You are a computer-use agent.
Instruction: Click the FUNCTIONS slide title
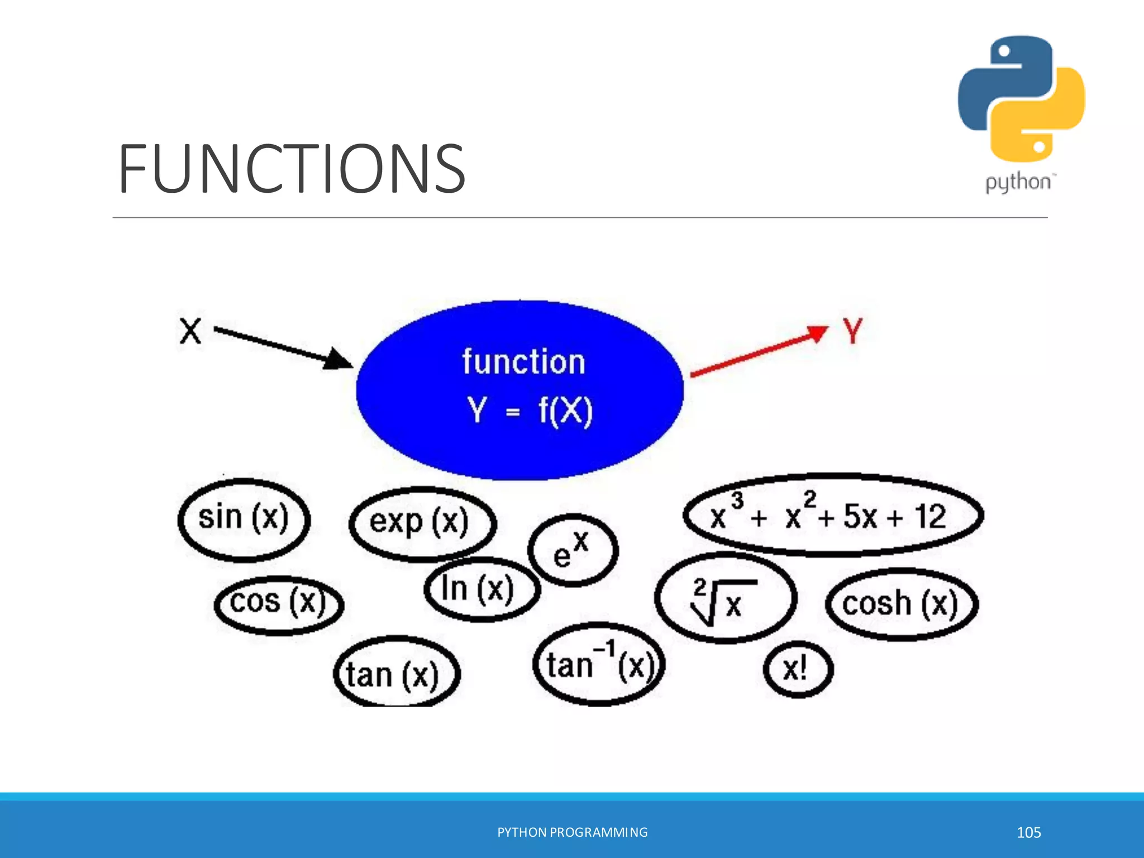[292, 168]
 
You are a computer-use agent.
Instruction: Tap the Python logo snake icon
[1021, 99]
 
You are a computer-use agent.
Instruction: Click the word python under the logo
[1018, 183]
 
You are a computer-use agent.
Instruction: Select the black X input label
[190, 331]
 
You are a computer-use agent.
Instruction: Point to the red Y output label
[852, 331]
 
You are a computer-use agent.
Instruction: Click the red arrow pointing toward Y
[760, 351]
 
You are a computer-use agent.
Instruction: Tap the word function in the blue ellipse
[523, 362]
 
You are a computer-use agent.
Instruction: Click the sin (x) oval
[244, 519]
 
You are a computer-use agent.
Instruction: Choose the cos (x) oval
[278, 604]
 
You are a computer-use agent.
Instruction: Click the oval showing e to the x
[573, 550]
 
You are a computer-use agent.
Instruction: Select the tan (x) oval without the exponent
[395, 674]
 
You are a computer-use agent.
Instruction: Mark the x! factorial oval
[797, 669]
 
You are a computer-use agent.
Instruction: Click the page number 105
[1028, 832]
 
